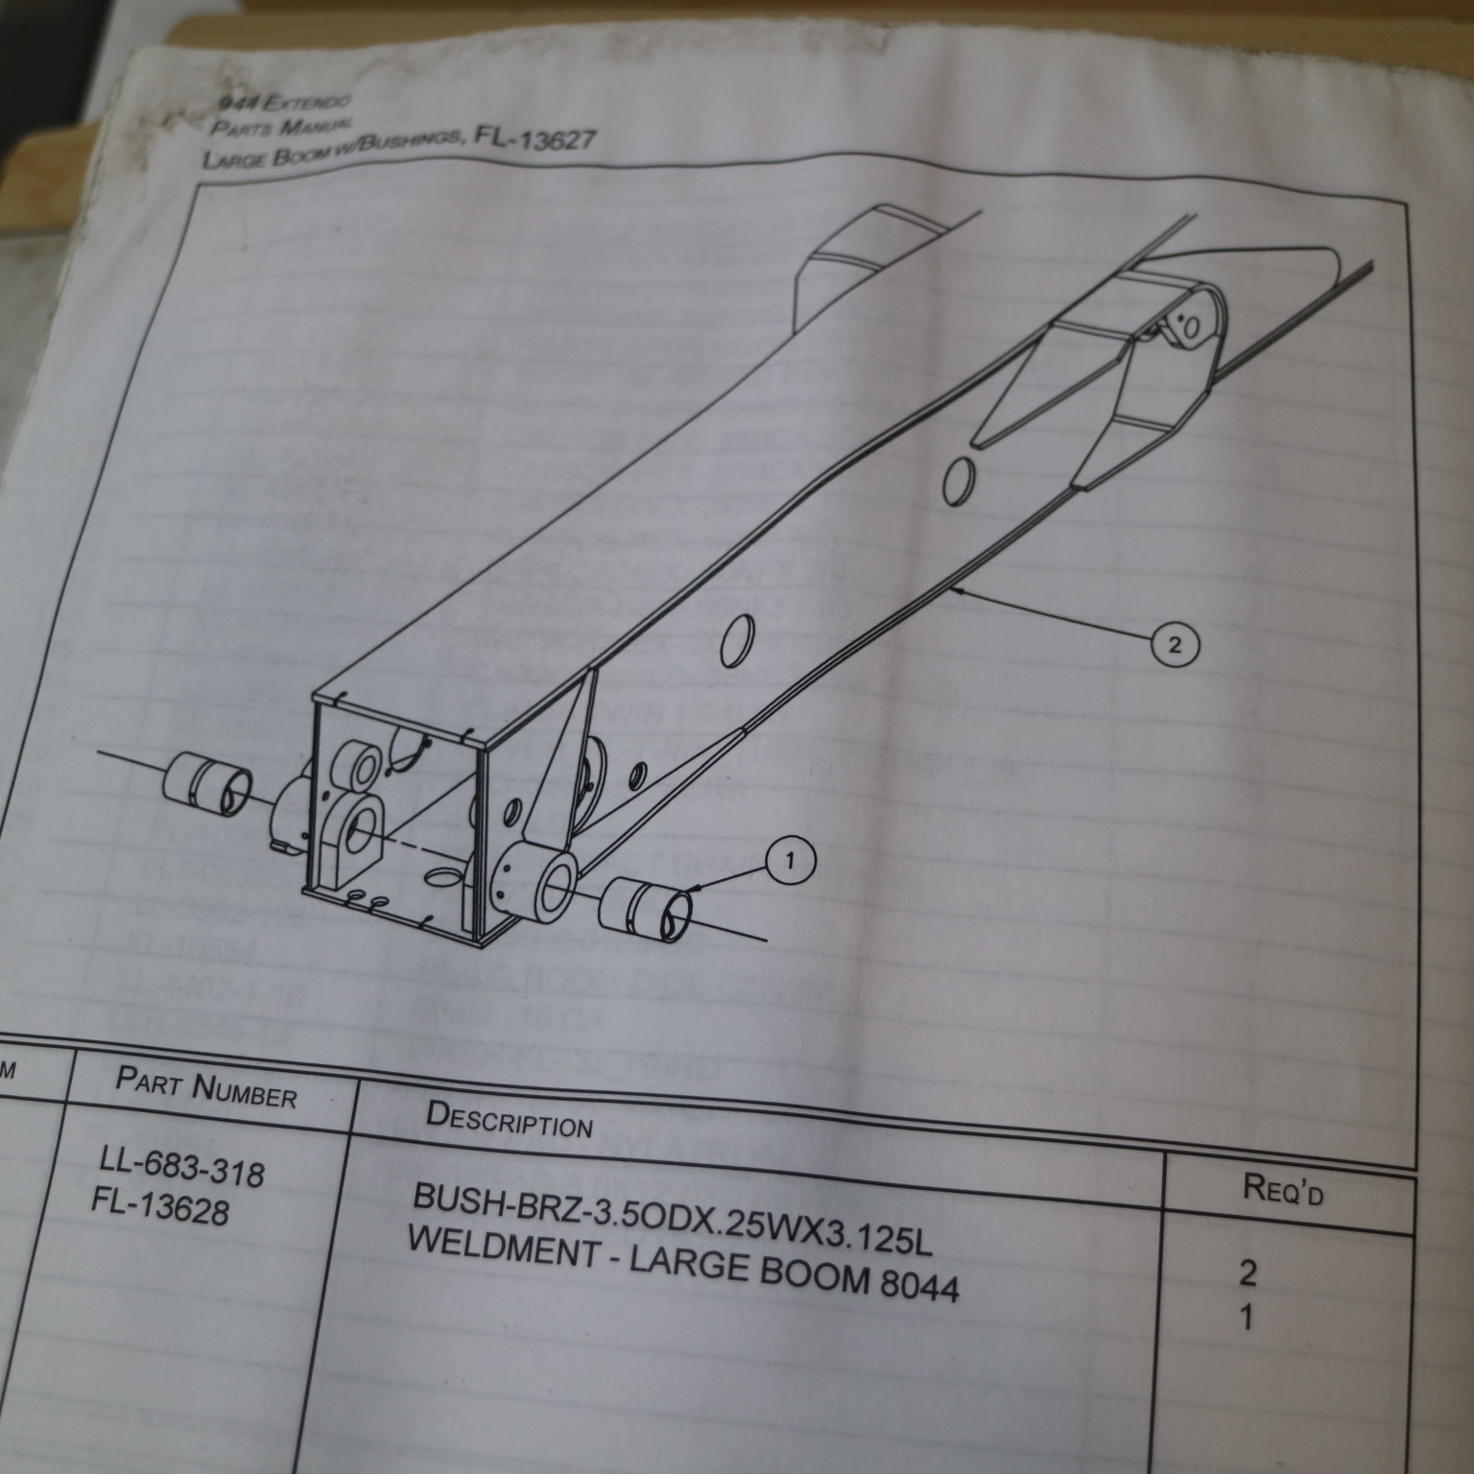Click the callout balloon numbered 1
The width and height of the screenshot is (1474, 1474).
click(x=790, y=862)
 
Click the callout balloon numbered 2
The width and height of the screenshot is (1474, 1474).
click(x=1175, y=645)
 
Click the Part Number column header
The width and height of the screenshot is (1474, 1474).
click(x=206, y=1090)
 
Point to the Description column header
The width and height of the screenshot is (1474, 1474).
click(x=510, y=1119)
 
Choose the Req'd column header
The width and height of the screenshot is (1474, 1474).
click(x=1283, y=1192)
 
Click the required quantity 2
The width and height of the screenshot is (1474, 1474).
click(x=1248, y=1273)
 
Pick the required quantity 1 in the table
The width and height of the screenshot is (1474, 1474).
click(x=1246, y=1319)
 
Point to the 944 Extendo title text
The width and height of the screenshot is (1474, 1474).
click(x=284, y=101)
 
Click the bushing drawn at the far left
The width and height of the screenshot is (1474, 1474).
click(x=204, y=779)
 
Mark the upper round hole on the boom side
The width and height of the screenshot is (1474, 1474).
click(x=959, y=481)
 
